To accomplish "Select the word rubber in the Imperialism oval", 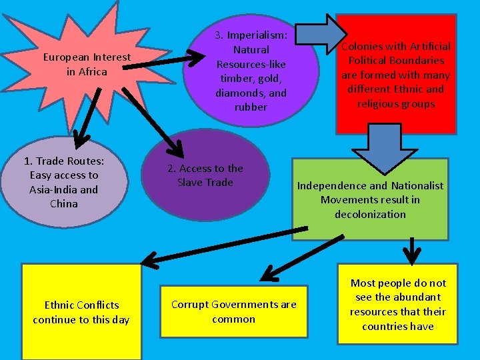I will tap(251, 107).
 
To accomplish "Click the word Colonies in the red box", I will tap(362, 47).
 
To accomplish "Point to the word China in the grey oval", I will tap(64, 204).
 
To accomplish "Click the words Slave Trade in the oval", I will tap(205, 183).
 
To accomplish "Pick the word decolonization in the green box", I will tap(371, 214).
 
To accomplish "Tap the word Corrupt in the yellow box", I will tap(189, 305).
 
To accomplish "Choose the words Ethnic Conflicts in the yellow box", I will tap(81, 305).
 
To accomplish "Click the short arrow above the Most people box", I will tap(412, 252).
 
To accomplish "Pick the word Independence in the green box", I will tap(331, 186).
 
